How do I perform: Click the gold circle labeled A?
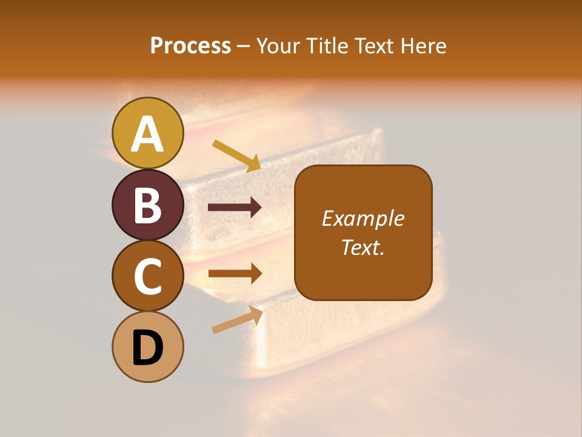(148, 133)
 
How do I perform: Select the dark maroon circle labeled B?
(148, 205)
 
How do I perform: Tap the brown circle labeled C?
(148, 276)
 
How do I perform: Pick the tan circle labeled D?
(148, 347)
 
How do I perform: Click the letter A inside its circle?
(148, 134)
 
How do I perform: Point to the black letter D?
(148, 348)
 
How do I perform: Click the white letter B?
(148, 205)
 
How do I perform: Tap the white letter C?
(148, 277)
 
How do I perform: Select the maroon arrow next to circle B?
(235, 208)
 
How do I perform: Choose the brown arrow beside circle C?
(235, 273)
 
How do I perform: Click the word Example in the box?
(363, 218)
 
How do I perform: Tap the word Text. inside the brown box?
(363, 248)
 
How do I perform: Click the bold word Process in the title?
(190, 46)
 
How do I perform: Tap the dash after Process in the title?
(244, 46)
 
